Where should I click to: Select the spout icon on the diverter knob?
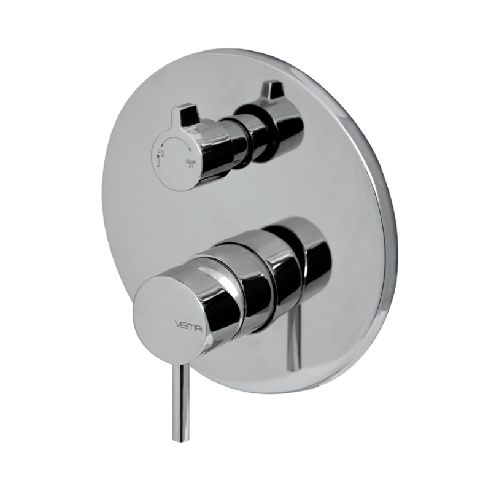tap(161, 152)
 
